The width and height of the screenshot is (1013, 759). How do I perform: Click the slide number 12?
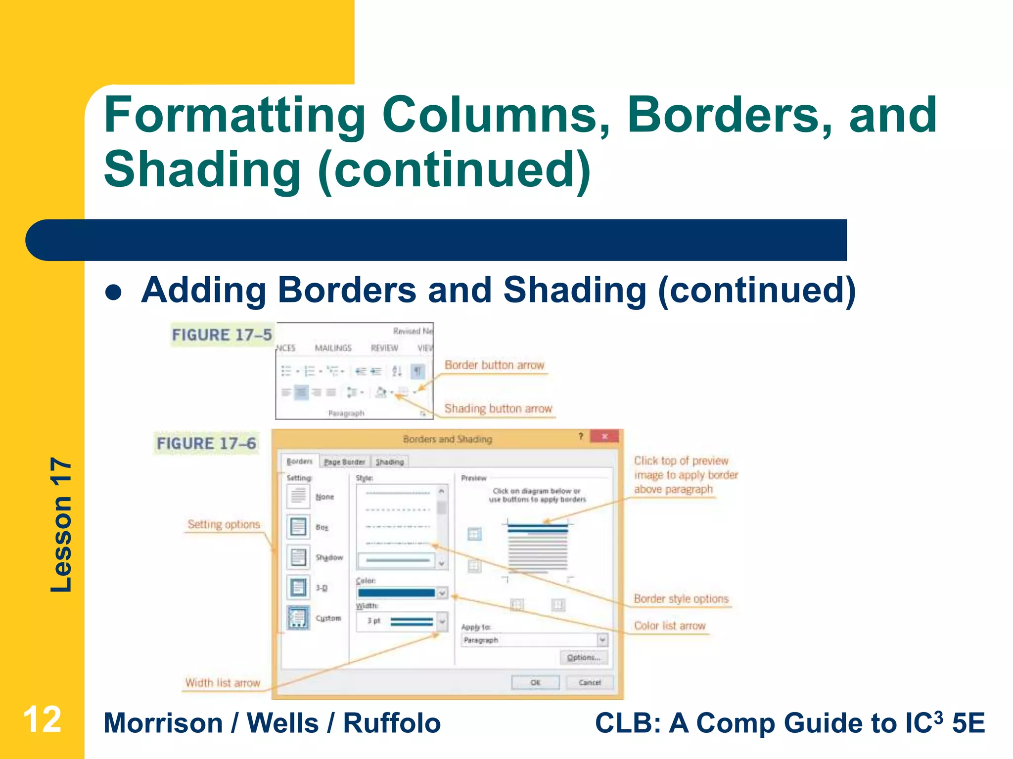pyautogui.click(x=43, y=719)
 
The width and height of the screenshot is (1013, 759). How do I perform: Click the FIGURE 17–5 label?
pyautogui.click(x=222, y=335)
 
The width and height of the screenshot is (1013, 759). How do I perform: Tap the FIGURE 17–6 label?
pyautogui.click(x=206, y=443)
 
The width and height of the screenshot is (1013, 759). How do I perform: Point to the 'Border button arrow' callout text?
pyautogui.click(x=494, y=365)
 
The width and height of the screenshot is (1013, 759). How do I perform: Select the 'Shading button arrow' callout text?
pyautogui.click(x=498, y=409)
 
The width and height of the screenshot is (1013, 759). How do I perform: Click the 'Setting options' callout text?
pyautogui.click(x=224, y=524)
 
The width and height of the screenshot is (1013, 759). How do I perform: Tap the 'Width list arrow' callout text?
pyautogui.click(x=223, y=683)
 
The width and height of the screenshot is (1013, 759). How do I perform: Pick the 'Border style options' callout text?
pyautogui.click(x=681, y=599)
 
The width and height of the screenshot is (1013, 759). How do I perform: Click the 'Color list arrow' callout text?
pyautogui.click(x=670, y=626)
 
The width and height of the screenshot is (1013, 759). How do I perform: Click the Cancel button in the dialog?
pyautogui.click(x=590, y=682)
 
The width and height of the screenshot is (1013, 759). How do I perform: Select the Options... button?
pyautogui.click(x=584, y=658)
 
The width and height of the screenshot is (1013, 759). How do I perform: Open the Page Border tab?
pyautogui.click(x=344, y=462)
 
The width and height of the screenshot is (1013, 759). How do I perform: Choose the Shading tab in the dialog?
pyautogui.click(x=390, y=462)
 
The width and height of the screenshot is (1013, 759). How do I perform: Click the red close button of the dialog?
pyautogui.click(x=604, y=436)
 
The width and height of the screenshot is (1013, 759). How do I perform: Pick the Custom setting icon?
pyautogui.click(x=298, y=618)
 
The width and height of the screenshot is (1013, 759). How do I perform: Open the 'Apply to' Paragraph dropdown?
pyautogui.click(x=602, y=640)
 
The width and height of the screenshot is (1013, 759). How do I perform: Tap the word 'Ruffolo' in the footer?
pyautogui.click(x=392, y=723)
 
